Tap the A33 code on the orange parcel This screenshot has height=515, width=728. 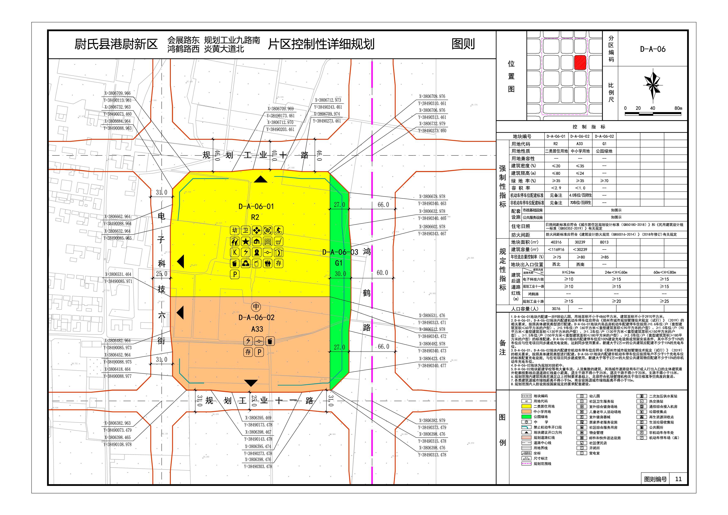pos(257,329)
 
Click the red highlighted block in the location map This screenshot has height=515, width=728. pos(580,62)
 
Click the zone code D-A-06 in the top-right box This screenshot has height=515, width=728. pos(652,49)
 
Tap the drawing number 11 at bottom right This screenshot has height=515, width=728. pos(678,479)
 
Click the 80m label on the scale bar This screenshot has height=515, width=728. pos(678,108)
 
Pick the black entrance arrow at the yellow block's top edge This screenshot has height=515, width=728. pos(261,180)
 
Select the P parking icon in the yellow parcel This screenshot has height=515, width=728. pos(235,274)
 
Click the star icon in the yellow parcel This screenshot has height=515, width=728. pos(246,242)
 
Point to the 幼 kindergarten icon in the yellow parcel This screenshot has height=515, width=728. pos(235,231)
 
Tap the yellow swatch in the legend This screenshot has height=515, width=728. pos(526,406)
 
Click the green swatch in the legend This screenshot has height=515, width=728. pos(526,417)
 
